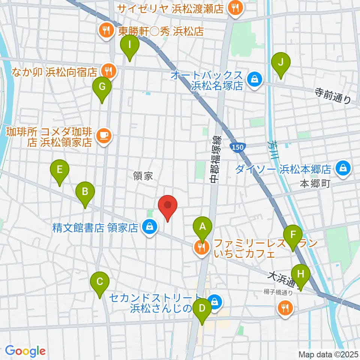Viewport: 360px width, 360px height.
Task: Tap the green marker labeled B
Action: [x=85, y=193]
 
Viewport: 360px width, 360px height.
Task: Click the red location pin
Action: [x=168, y=207]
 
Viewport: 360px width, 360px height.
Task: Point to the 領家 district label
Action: [x=143, y=175]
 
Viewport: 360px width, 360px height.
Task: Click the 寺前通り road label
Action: [x=333, y=96]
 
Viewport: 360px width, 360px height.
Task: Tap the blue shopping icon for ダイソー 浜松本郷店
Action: [x=343, y=168]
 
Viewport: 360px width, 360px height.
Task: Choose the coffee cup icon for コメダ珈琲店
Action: [x=103, y=135]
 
